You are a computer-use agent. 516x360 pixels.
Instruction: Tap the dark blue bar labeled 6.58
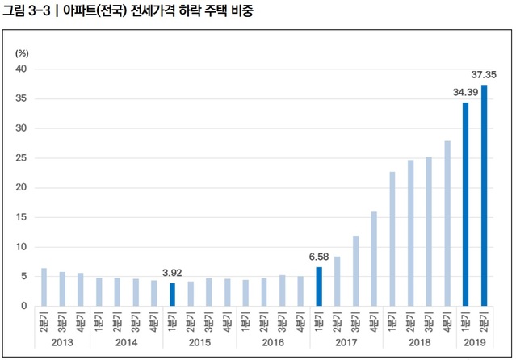click(x=319, y=287)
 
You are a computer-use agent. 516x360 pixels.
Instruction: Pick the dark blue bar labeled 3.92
click(x=172, y=295)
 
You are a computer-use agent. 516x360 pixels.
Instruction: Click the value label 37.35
click(x=484, y=75)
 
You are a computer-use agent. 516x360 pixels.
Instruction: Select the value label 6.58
click(x=319, y=257)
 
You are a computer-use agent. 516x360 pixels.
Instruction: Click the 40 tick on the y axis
click(x=22, y=69)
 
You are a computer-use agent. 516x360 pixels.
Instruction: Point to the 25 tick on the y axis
click(x=22, y=158)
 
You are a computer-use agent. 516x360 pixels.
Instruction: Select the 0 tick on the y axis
click(x=24, y=306)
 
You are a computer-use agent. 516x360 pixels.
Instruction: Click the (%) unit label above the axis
click(x=22, y=52)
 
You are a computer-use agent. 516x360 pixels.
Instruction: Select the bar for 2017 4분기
click(x=374, y=259)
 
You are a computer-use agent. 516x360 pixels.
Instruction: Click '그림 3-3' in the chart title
click(x=26, y=12)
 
